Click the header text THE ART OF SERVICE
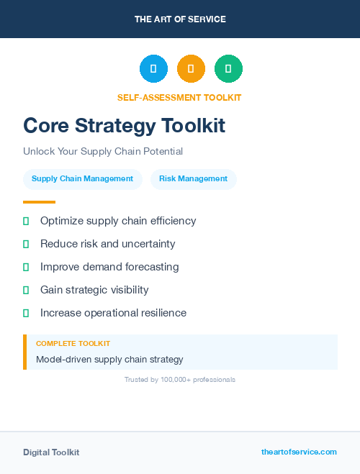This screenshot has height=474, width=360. point(180,19)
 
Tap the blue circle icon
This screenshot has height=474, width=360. point(153,69)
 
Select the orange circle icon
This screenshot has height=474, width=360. point(191,69)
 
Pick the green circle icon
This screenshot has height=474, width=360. point(228,69)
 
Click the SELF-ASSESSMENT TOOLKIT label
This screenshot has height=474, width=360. point(179,97)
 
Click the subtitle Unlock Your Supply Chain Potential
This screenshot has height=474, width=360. point(103,152)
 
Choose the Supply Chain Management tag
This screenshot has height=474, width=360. point(82,179)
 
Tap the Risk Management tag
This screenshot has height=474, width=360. point(193,179)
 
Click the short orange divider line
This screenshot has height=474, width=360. point(39,202)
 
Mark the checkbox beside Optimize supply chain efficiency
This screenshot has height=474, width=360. point(26,221)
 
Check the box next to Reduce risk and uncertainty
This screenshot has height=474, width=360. point(26,244)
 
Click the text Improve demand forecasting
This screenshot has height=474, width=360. point(109,267)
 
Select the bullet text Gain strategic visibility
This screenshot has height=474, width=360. point(94,290)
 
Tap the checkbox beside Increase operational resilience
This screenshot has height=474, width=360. point(26,313)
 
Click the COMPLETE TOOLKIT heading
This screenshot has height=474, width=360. point(73,344)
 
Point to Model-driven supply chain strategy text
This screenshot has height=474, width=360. point(109,359)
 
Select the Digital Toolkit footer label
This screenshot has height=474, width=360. point(51,452)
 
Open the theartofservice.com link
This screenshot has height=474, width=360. point(299,452)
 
